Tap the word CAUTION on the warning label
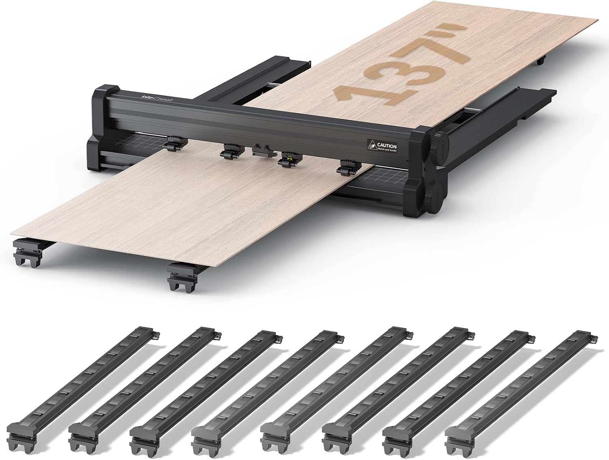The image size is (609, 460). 387,145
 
